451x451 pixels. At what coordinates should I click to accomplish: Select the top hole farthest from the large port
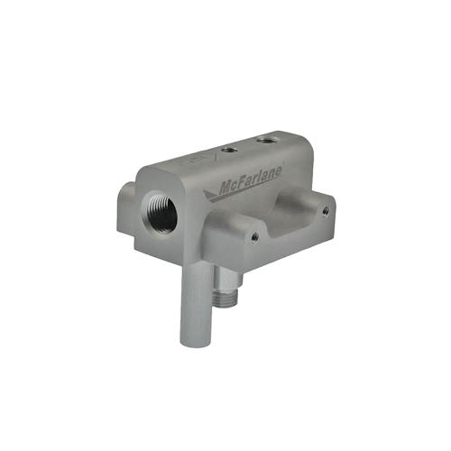coord(265,140)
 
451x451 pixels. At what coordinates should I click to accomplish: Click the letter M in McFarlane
coord(225,189)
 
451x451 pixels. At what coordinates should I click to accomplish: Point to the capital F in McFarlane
coord(243,182)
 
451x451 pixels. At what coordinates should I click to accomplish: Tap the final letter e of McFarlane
coord(279,171)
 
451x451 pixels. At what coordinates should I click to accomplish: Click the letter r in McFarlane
coord(257,179)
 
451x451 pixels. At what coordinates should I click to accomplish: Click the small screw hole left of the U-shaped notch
coord(254,237)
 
